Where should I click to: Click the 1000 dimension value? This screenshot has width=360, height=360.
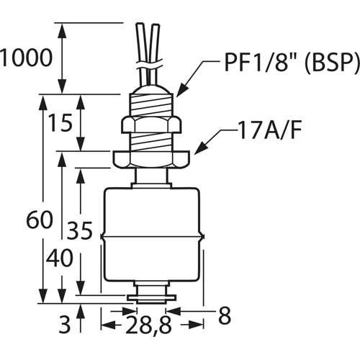coord(26,58)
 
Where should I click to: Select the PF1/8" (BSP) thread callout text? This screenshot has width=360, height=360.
coord(292,62)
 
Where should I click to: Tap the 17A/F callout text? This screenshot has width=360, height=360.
coord(269,130)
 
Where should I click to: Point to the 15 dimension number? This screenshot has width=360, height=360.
coord(60,122)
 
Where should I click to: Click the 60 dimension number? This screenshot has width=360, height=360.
coord(39,220)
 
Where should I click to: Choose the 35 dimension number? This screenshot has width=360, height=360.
coord(79,230)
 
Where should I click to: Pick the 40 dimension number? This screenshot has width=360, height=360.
coord(59,258)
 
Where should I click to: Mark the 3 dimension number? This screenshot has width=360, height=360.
coord(65,325)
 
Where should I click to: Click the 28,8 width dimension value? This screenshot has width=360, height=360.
coord(148,325)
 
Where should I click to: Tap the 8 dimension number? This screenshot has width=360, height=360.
coord(225,315)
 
